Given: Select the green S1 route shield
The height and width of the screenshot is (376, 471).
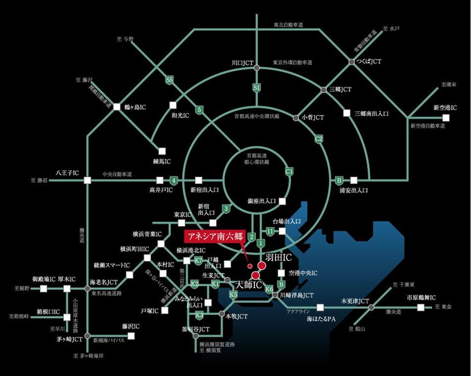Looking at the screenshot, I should point(257,88).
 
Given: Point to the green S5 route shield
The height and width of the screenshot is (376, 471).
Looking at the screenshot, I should point(170,79).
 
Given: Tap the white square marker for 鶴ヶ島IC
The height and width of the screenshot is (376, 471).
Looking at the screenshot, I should point(117,107).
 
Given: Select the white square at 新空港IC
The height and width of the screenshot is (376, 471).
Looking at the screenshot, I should point(446,118).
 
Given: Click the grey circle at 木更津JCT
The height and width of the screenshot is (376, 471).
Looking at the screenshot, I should point(371,307).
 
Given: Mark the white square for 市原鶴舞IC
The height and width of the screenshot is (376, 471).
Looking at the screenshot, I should point(421,307).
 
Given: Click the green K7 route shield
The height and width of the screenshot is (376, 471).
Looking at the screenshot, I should point(198,260).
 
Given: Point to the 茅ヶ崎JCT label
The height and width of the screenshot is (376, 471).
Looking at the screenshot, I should point(69,340).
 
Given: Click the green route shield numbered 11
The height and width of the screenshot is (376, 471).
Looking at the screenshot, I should point(270,231).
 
